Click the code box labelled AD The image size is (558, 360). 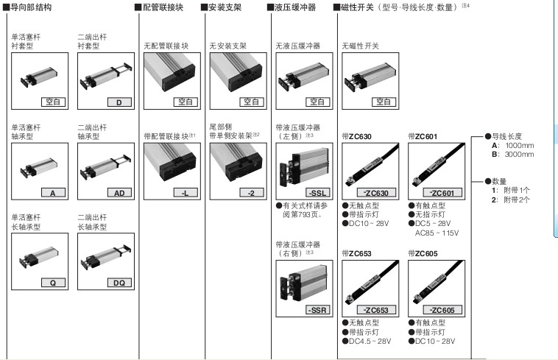pos(119,193)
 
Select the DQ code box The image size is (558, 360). pos(119,283)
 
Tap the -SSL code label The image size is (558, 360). pos(318,193)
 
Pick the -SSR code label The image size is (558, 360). pos(318,310)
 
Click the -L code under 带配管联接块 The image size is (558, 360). pos(185,193)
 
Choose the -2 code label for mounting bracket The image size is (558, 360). pos(251,193)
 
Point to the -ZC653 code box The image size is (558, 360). pos(376,310)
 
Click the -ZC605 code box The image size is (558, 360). pos(442,310)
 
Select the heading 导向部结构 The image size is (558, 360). pos(31,7)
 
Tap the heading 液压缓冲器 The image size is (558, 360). pos(295,7)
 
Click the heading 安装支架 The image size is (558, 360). pos(225,7)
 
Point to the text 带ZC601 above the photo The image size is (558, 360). pos(423,137)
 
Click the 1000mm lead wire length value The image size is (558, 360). pos(520,146)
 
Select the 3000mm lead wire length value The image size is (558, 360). pos(520,155)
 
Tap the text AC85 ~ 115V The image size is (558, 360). pos(437,233)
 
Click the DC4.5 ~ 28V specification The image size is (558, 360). pos(370,341)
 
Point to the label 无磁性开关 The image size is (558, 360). pos(361,46)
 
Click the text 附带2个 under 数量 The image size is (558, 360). pos(517,200)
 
